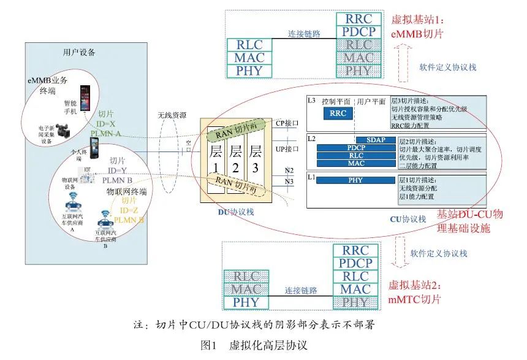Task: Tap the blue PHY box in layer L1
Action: click(x=355, y=180)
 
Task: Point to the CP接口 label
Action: click(x=287, y=122)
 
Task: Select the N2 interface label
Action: click(x=290, y=171)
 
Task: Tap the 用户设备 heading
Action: click(x=79, y=52)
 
